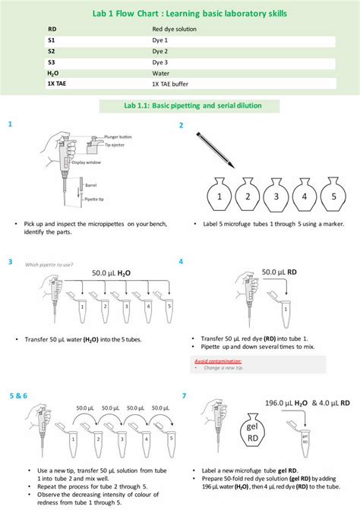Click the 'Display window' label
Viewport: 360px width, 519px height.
pyautogui.click(x=87, y=162)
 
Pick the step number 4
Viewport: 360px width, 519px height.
pyautogui.click(x=181, y=261)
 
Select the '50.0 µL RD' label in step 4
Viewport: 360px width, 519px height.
pyautogui.click(x=279, y=271)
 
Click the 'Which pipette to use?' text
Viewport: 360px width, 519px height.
pyautogui.click(x=49, y=265)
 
